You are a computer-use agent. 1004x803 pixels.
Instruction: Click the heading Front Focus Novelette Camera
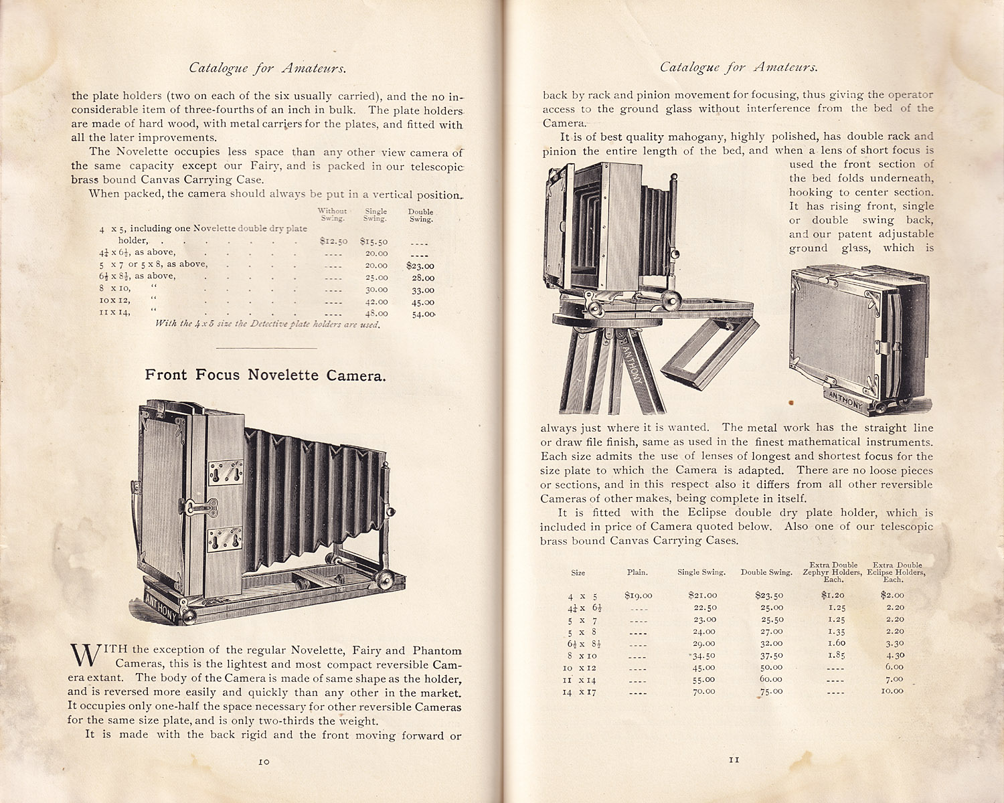pos(266,375)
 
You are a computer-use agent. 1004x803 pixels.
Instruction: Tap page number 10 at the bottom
pos(264,761)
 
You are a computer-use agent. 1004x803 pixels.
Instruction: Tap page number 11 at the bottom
pos(734,760)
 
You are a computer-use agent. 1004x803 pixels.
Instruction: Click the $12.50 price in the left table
pos(333,241)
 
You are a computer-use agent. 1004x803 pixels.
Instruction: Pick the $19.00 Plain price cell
pos(638,595)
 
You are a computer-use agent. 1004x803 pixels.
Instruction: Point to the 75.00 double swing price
pos(771,691)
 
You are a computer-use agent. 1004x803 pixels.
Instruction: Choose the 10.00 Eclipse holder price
pos(892,691)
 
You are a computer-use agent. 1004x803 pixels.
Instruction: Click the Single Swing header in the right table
pos(701,572)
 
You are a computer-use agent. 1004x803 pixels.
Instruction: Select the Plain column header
pos(637,572)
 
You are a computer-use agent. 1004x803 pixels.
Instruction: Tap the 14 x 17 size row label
pos(579,692)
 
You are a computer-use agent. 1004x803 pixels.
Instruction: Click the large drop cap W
pos(84,656)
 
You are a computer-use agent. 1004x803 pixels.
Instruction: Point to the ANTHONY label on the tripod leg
pos(634,365)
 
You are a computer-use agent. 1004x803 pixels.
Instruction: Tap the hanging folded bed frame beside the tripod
pos(709,355)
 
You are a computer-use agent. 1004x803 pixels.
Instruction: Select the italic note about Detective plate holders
pos(268,324)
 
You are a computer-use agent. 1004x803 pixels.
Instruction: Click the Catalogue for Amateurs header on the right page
pos(738,67)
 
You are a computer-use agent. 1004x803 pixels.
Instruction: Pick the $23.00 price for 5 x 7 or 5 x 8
pos(420,266)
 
